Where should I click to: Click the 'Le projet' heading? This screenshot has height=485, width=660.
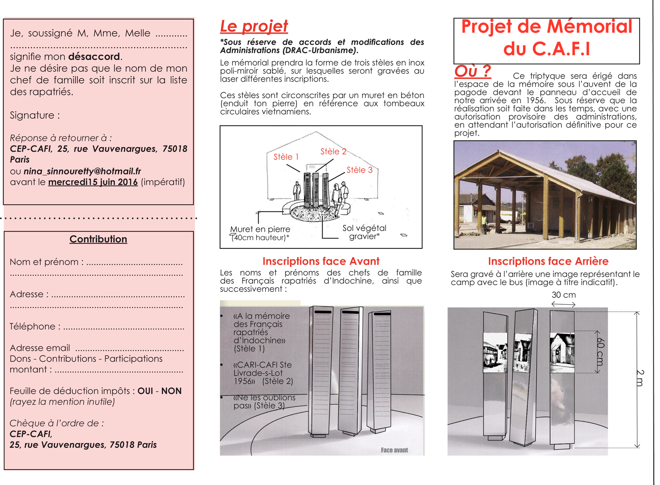pyautogui.click(x=254, y=26)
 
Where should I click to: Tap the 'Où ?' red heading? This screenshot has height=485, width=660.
pyautogui.click(x=472, y=71)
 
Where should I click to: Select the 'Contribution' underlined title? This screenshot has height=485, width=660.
pyautogui.click(x=98, y=239)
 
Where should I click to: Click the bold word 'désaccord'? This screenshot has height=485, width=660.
pyautogui.click(x=94, y=57)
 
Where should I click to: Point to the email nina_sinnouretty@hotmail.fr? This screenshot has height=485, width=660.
pyautogui.click(x=82, y=171)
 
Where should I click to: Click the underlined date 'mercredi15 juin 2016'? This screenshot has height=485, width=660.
pyautogui.click(x=93, y=182)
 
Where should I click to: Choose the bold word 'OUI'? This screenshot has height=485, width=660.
pyautogui.click(x=145, y=391)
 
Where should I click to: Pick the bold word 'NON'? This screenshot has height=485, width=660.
pyautogui.click(x=171, y=391)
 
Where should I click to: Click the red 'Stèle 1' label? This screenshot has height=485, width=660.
pyautogui.click(x=286, y=157)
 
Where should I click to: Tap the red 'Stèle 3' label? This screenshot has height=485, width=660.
pyautogui.click(x=359, y=170)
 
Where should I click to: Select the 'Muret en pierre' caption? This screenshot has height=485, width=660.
pyautogui.click(x=260, y=230)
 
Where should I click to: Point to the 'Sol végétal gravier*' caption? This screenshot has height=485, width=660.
pyautogui.click(x=364, y=232)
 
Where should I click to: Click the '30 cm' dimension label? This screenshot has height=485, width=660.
pyautogui.click(x=563, y=295)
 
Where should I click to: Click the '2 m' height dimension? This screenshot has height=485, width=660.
pyautogui.click(x=639, y=378)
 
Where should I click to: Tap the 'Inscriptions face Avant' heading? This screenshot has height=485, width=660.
pyautogui.click(x=321, y=261)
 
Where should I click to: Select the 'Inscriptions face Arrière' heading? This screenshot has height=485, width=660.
pyautogui.click(x=548, y=261)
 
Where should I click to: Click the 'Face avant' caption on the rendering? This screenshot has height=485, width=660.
pyautogui.click(x=394, y=450)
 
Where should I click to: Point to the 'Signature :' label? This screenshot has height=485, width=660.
pyautogui.click(x=35, y=115)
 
